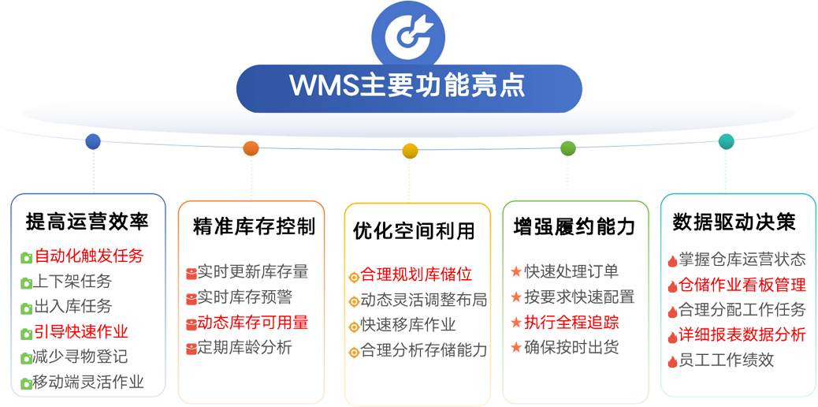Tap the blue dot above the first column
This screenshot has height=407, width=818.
point(93,142)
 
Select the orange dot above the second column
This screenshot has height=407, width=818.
point(251,147)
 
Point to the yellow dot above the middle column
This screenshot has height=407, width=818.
point(409,150)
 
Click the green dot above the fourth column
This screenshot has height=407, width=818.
point(567,147)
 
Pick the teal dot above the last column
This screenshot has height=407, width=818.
point(726,142)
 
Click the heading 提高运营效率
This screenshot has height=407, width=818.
point(87,220)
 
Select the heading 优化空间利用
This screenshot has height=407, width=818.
point(413,231)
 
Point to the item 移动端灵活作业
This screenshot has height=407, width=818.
point(87,383)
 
